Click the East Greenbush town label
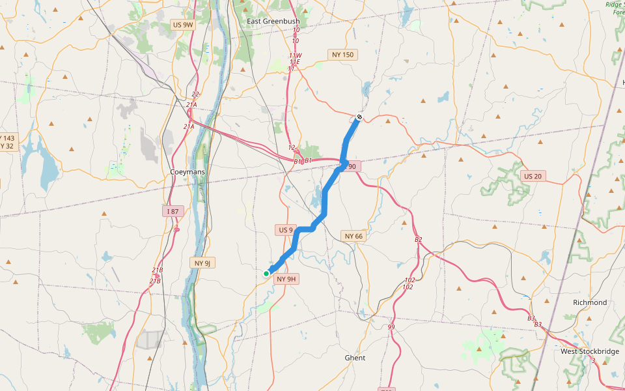(273, 22)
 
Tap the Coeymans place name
(187, 172)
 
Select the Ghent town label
(355, 358)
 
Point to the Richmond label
(590, 302)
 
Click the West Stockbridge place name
(590, 351)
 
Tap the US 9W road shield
(183, 25)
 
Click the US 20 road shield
(532, 176)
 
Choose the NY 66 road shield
(354, 236)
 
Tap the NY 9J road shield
(202, 263)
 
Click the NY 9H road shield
(286, 279)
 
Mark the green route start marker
(266, 274)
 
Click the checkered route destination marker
(359, 117)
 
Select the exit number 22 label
(195, 94)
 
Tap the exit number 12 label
(292, 148)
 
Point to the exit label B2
(418, 240)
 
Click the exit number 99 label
(391, 326)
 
